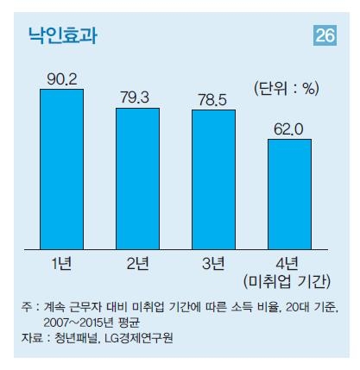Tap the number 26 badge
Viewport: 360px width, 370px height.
pyautogui.click(x=325, y=36)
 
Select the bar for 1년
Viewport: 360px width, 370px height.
pyautogui.click(x=61, y=168)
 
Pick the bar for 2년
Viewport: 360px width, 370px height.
pyautogui.click(x=137, y=178)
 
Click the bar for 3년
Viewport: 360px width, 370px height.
pyautogui.click(x=213, y=179)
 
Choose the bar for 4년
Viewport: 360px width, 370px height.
pyautogui.click(x=289, y=192)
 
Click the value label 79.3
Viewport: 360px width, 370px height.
pyautogui.click(x=137, y=97)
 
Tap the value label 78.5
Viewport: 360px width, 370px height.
pyautogui.click(x=213, y=99)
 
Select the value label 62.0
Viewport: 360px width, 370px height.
pyautogui.click(x=289, y=129)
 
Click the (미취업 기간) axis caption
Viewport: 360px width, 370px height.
pyautogui.click(x=289, y=279)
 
